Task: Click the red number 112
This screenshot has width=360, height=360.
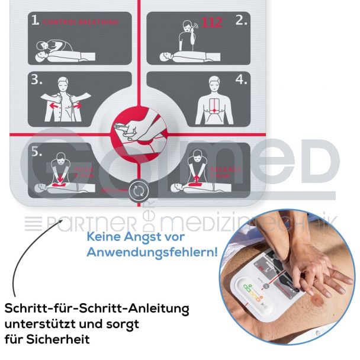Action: [211, 23]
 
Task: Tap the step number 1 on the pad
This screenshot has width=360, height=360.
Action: [36, 21]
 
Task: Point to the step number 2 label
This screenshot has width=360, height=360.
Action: [241, 21]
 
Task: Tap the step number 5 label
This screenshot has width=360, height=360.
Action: [36, 152]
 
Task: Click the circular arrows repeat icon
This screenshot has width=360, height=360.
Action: [137, 189]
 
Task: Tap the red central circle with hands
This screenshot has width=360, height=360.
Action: [137, 126]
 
